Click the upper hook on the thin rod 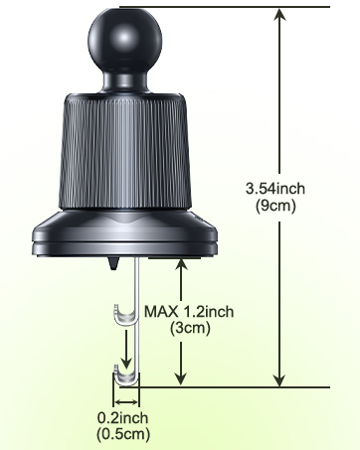click(x=120, y=317)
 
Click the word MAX click(x=162, y=311)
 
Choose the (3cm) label click(x=188, y=327)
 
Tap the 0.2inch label click(x=123, y=418)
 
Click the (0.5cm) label click(x=123, y=434)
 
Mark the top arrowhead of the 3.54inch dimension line click(x=278, y=14)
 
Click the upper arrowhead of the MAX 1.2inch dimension click(x=180, y=263)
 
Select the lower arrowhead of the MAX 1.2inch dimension click(x=180, y=378)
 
